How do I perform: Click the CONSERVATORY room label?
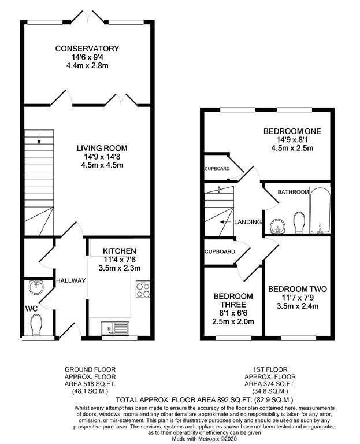click(87, 48)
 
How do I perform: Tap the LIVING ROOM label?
click(102, 148)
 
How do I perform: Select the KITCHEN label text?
click(120, 251)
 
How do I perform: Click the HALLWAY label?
click(71, 280)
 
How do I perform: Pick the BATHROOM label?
click(293, 192)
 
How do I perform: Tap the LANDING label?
click(248, 222)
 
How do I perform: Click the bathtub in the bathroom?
click(321, 210)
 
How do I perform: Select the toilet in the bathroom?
click(299, 221)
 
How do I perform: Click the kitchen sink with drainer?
click(115, 328)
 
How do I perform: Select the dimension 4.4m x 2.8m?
click(87, 65)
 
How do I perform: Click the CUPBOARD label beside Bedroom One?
click(217, 169)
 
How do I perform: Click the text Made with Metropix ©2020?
click(180, 439)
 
